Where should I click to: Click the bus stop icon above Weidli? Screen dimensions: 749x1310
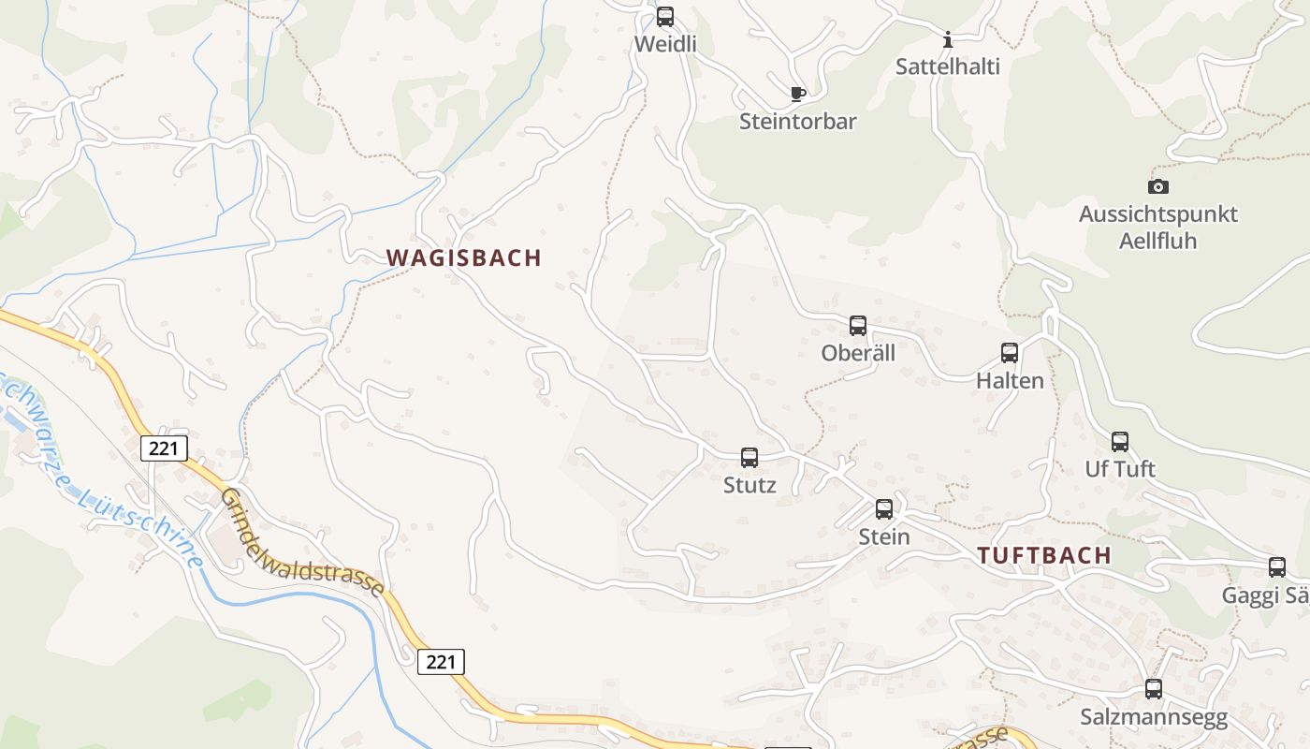click(665, 16)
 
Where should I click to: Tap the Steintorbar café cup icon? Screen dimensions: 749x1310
click(797, 94)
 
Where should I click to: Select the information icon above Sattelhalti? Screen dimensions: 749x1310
click(948, 39)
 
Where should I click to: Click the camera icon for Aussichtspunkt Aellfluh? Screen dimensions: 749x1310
click(1158, 186)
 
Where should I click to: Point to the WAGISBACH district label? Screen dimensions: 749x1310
click(464, 258)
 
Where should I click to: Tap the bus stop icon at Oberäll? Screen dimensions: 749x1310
click(858, 326)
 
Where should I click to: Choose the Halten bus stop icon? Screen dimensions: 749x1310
click(1010, 353)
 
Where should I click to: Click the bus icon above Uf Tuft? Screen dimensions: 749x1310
click(1120, 441)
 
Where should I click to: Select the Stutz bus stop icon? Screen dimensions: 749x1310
click(750, 457)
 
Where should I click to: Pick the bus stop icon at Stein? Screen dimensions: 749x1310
click(884, 509)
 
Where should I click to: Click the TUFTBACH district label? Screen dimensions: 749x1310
click(1044, 555)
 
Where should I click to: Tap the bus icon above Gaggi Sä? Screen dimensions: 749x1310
click(1277, 566)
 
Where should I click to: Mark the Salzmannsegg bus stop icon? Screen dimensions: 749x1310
click(1154, 689)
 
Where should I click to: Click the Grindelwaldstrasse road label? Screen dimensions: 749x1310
click(303, 542)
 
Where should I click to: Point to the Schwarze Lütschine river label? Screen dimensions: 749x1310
click(103, 468)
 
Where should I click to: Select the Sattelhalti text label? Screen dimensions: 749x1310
click(948, 66)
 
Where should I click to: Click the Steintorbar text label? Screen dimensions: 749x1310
click(798, 122)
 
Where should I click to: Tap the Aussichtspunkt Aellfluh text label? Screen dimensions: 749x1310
click(1158, 228)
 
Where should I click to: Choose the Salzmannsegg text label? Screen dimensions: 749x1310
click(1154, 718)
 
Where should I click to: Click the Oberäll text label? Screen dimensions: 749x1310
click(858, 353)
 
